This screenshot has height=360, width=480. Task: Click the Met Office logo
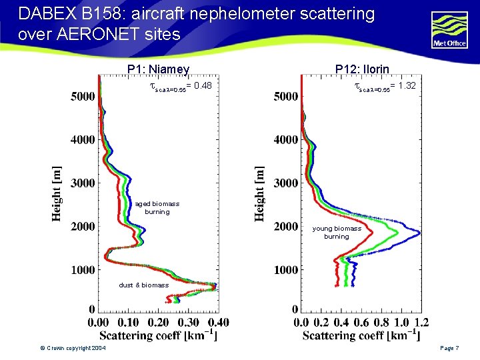(450, 31)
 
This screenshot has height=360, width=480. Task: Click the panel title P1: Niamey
(159, 69)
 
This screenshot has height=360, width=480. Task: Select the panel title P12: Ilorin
(362, 69)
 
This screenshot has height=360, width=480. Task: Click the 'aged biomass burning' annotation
(157, 207)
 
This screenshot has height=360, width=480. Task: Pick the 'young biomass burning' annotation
(337, 232)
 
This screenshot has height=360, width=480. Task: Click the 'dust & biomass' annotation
(143, 285)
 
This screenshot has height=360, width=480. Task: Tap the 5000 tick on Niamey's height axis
(83, 97)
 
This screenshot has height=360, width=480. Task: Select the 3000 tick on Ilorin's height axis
(286, 183)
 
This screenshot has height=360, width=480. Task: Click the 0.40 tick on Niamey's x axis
(218, 322)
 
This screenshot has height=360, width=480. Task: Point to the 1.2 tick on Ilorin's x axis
(421, 322)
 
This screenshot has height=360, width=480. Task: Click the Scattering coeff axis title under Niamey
(158, 335)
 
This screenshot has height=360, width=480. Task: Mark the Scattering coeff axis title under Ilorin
(361, 335)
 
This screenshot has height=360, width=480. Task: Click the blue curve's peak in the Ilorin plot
(419, 233)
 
